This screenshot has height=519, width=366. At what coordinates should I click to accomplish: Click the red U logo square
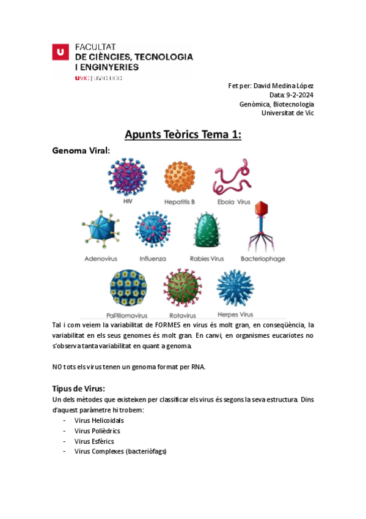[59, 53]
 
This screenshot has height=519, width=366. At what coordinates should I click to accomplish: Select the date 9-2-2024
[300, 94]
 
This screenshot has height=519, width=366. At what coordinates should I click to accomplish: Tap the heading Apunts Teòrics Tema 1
[183, 135]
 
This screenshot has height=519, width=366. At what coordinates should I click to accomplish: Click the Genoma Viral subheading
[81, 151]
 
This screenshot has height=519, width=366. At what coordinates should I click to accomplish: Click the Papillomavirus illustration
[128, 287]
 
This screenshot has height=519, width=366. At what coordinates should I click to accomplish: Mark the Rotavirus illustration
[182, 287]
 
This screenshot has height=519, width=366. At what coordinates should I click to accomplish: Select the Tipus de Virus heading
[79, 388]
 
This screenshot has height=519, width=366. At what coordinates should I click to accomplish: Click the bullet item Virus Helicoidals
[99, 421]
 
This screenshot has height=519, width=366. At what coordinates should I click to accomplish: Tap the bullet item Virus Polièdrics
[97, 431]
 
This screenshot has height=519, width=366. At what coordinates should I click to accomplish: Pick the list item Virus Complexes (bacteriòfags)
[120, 451]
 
